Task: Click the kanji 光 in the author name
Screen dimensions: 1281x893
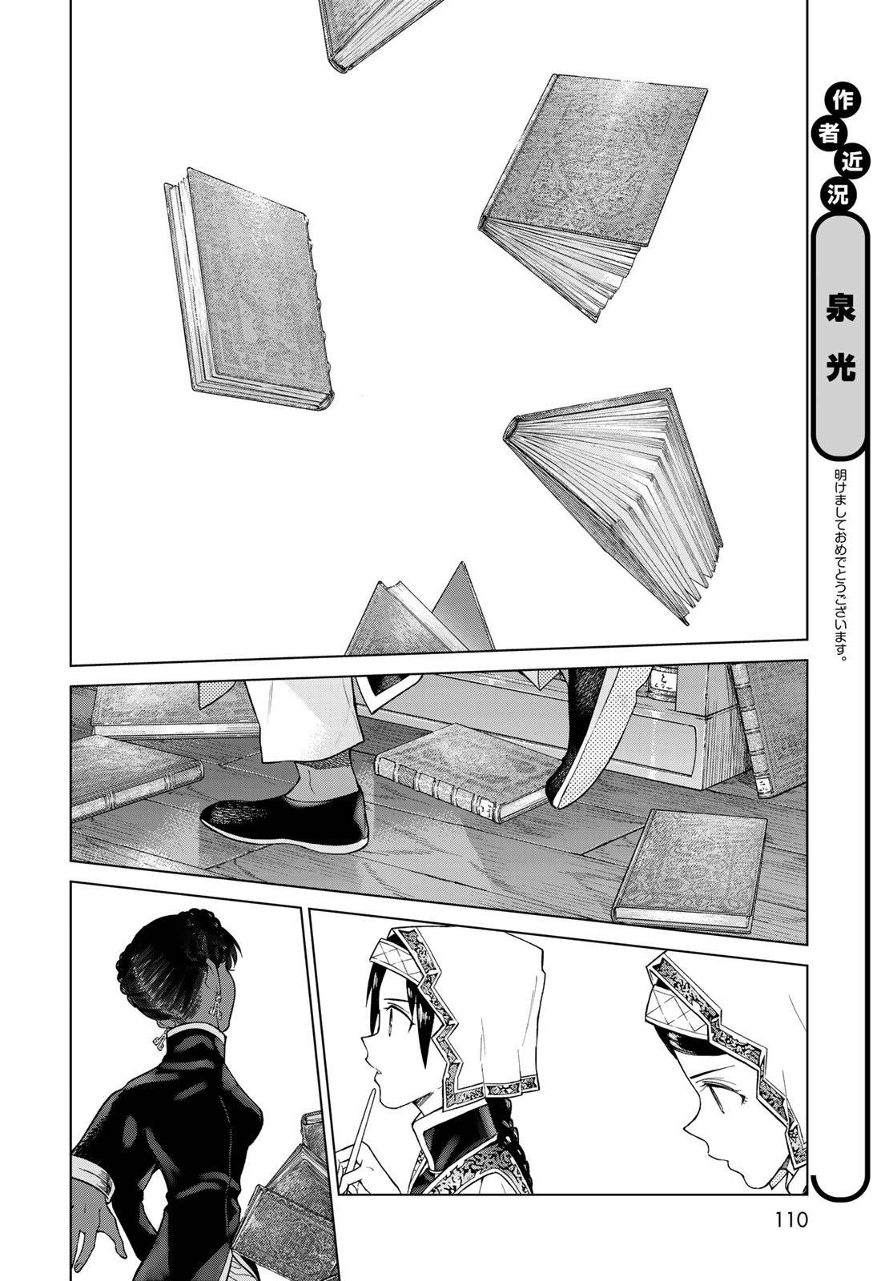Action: point(839,371)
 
